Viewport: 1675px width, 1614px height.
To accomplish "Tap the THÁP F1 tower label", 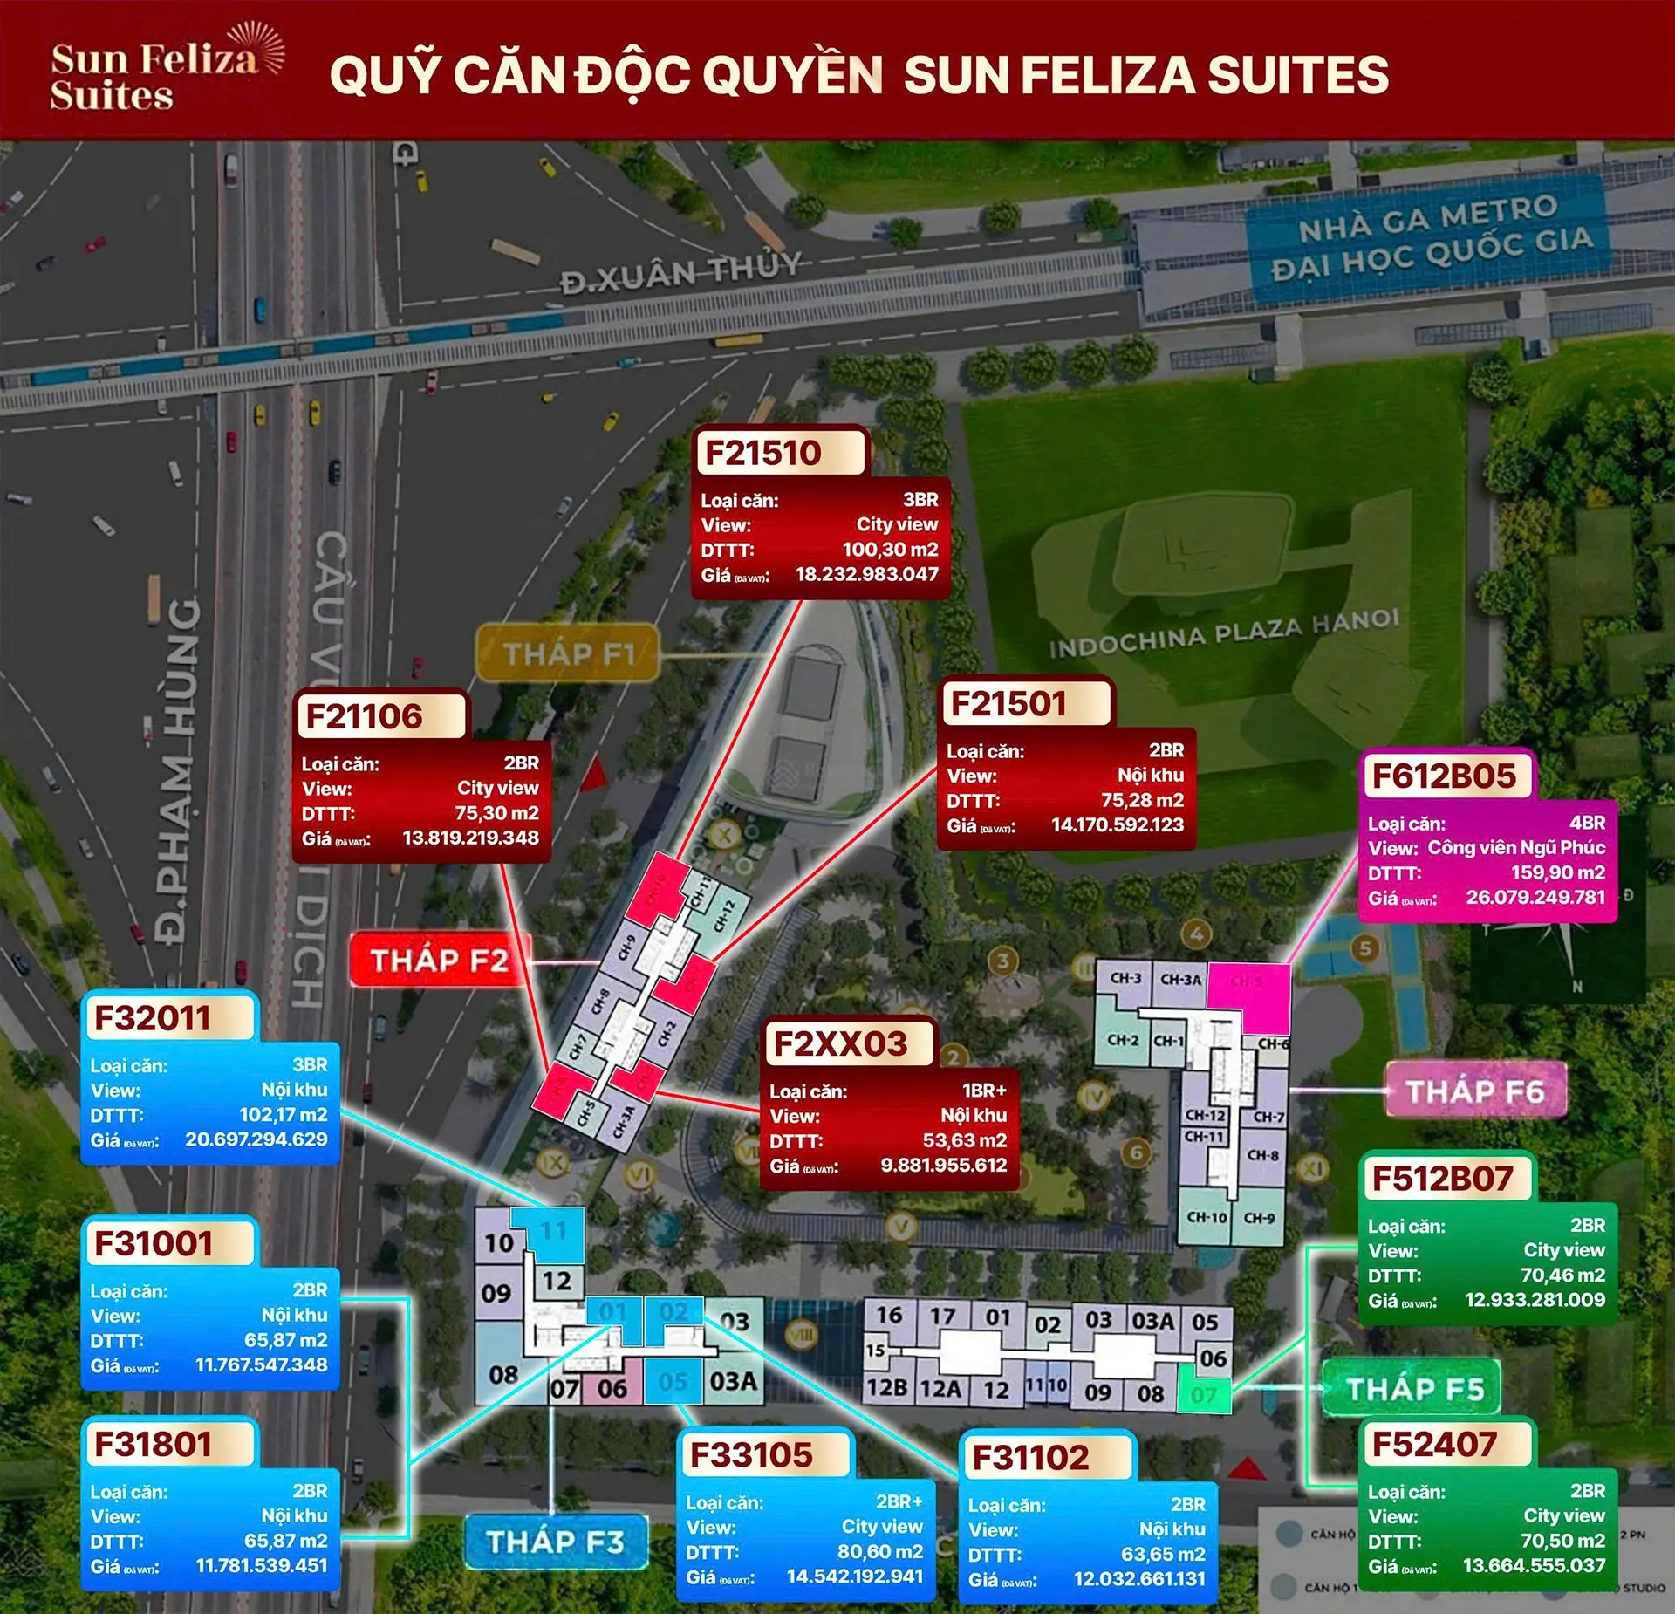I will pos(569,653).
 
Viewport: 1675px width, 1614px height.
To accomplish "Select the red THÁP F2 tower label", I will pos(439,961).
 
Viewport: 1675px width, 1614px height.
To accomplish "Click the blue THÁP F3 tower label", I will pos(555,1542).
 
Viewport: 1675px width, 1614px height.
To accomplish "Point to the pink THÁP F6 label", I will pos(1474,1091).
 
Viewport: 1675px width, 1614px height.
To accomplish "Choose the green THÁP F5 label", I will pos(1414,1388).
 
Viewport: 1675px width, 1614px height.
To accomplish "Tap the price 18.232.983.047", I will pos(866,574).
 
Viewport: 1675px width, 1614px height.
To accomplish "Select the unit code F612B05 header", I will pos(1444,776).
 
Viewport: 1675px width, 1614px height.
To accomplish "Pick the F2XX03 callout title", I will pos(841,1043).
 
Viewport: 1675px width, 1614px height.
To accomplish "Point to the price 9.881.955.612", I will pos(943,1165).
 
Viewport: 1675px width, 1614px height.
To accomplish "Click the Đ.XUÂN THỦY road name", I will pos(680,273).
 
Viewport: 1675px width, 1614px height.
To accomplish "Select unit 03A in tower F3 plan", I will pos(733,1381).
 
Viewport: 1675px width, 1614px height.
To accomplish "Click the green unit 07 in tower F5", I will pos(1204,1394).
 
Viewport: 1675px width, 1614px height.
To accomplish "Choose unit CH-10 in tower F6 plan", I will pos(1207,1217).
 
